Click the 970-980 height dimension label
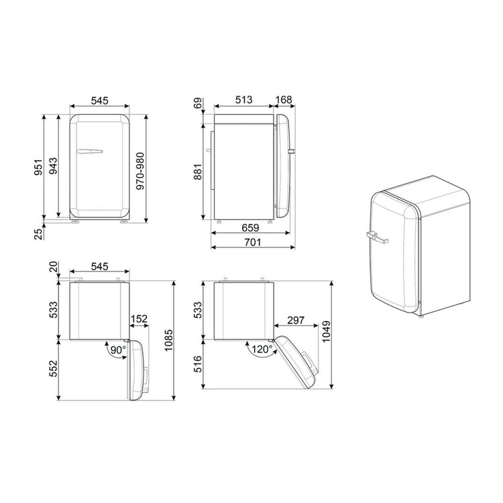[141, 171]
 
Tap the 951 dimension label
[38, 168]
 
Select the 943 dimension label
[53, 166]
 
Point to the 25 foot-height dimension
[38, 234]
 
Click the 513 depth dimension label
[244, 100]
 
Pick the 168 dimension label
[284, 100]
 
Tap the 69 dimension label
[199, 103]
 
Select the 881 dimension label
[198, 172]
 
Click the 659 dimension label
[250, 228]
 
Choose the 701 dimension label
[252, 242]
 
